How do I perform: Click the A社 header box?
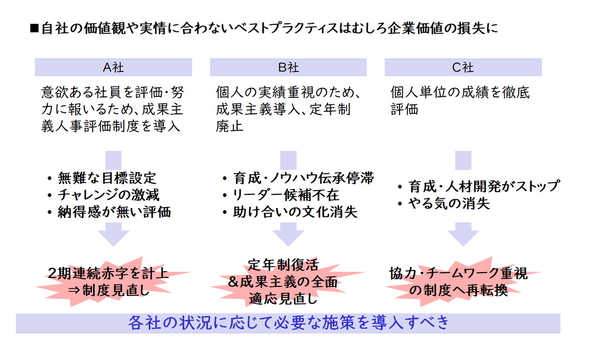(x=113, y=67)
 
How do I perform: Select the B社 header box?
(x=288, y=67)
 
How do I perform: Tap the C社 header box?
(x=463, y=67)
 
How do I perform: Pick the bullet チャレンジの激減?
(x=109, y=195)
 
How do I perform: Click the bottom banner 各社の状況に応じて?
(x=288, y=323)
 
